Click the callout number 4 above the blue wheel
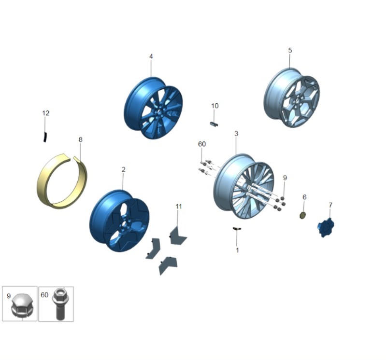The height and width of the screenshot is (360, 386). pyautogui.click(x=151, y=56)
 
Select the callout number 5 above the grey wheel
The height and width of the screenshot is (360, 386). pyautogui.click(x=290, y=50)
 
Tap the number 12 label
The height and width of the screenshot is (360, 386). pyautogui.click(x=46, y=113)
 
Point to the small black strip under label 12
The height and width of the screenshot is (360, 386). pyautogui.click(x=45, y=137)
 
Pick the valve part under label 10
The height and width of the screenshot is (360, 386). pyautogui.click(x=214, y=124)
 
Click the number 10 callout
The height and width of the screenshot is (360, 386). pyautogui.click(x=215, y=106)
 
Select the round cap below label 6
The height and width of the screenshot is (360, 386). pyautogui.click(x=302, y=215)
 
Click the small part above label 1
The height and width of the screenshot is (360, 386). pyautogui.click(x=237, y=229)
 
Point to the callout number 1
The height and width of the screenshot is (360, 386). pyautogui.click(x=237, y=250)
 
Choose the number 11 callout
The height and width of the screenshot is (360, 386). pyautogui.click(x=179, y=207)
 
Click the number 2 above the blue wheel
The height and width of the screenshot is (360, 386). pyautogui.click(x=123, y=169)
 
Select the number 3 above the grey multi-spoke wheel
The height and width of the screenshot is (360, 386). pyautogui.click(x=236, y=134)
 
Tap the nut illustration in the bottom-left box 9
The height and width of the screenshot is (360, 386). pyautogui.click(x=21, y=305)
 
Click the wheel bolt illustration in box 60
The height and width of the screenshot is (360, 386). pyautogui.click(x=59, y=304)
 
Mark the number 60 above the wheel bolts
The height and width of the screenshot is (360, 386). pyautogui.click(x=202, y=144)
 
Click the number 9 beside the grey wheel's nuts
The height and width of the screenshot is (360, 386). pyautogui.click(x=285, y=178)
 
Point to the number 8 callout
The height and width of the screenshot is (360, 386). pyautogui.click(x=80, y=139)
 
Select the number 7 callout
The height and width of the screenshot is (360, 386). pyautogui.click(x=330, y=205)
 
